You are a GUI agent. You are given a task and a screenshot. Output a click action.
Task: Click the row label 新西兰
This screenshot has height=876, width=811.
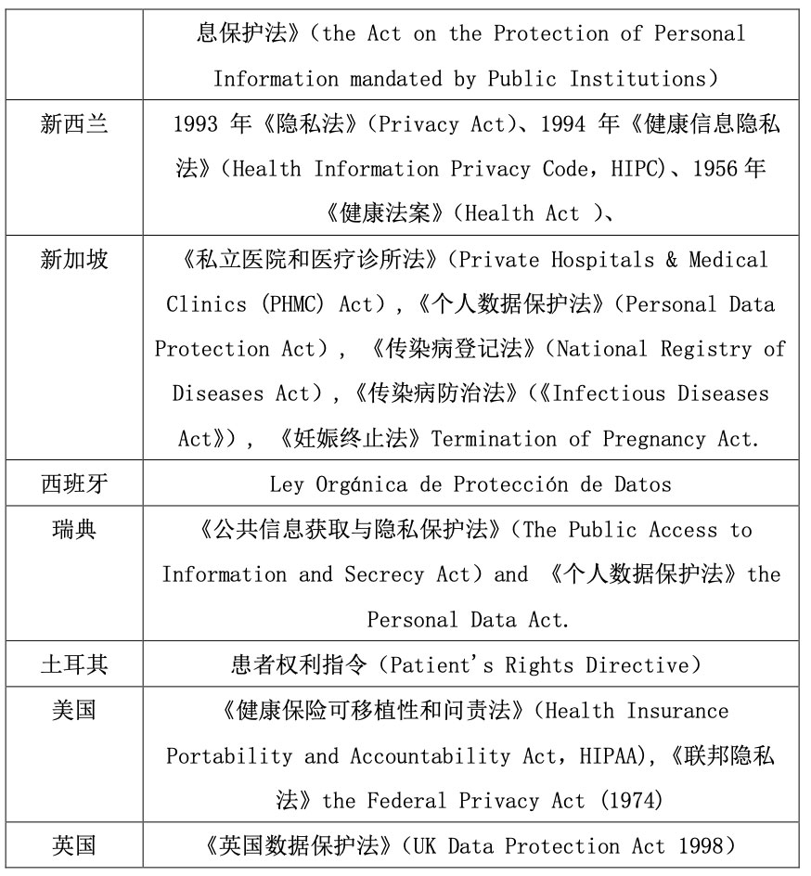74,123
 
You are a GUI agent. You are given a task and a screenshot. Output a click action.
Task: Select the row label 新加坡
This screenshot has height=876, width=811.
74,259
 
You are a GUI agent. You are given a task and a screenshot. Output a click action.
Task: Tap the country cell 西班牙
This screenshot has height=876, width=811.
74,483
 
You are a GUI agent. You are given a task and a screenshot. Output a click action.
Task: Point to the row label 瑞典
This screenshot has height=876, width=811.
74,529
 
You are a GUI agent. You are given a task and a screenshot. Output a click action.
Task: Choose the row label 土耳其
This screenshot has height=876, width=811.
74,664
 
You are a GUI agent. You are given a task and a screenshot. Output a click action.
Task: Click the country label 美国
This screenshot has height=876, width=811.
74,710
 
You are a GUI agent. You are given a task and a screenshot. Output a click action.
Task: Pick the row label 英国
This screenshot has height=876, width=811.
74,845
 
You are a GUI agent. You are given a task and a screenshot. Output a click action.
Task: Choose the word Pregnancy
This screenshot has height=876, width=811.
654,439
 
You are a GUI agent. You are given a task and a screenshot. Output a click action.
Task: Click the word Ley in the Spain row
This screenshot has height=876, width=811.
286,483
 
